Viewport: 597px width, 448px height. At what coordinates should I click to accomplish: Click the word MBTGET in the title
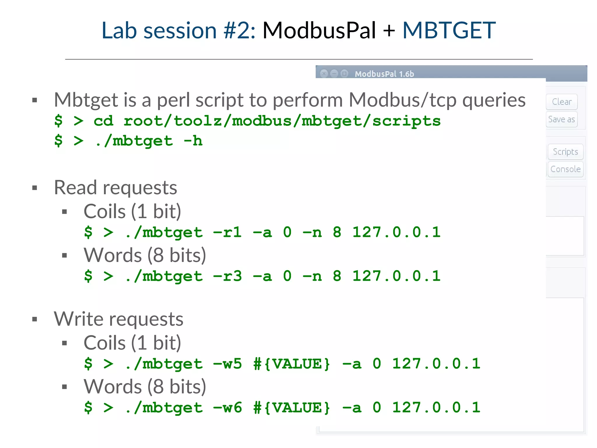tap(449, 30)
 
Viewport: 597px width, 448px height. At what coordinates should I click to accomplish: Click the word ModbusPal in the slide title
tap(319, 30)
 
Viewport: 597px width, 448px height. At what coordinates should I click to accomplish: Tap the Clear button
tap(561, 102)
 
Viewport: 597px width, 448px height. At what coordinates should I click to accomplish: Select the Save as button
tap(561, 119)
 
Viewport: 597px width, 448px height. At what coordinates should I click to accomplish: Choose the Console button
tap(565, 169)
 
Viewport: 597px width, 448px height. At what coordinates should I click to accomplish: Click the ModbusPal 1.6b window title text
tap(384, 74)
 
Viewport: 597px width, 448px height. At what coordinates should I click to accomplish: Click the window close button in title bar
tap(324, 73)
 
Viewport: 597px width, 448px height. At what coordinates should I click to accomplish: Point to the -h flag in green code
tap(193, 141)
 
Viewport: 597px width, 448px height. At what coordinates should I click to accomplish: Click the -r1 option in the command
tap(227, 232)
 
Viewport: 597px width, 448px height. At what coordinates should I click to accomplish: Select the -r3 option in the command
tap(227, 276)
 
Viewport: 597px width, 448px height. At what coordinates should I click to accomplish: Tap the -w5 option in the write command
tap(227, 364)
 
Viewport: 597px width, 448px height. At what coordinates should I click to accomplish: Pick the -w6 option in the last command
tap(227, 407)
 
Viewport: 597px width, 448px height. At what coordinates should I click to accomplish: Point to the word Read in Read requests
tap(75, 188)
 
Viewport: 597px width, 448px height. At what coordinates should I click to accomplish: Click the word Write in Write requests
tap(78, 319)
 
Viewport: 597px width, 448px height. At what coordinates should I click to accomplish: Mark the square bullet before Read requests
tap(35, 188)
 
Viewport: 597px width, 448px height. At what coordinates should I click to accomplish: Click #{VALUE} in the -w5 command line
tap(292, 364)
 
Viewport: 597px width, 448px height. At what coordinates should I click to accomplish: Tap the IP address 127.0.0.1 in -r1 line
tap(396, 232)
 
